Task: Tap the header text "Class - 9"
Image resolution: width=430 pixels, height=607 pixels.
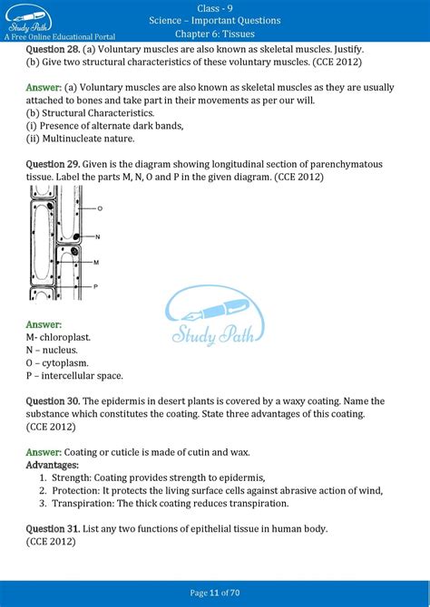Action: pos(214,7)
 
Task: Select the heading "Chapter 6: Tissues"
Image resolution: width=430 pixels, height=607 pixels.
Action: pos(214,34)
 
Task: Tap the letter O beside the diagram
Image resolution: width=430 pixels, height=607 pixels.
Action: pos(99,208)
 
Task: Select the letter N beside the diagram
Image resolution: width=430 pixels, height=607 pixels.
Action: pos(96,235)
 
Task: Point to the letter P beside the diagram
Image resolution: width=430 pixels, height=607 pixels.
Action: pos(95,285)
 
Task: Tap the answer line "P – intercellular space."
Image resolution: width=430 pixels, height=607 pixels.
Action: pos(74,375)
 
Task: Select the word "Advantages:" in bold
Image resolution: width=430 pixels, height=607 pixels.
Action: pos(53,465)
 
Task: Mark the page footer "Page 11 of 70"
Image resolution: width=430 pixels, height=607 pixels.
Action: pos(215,593)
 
